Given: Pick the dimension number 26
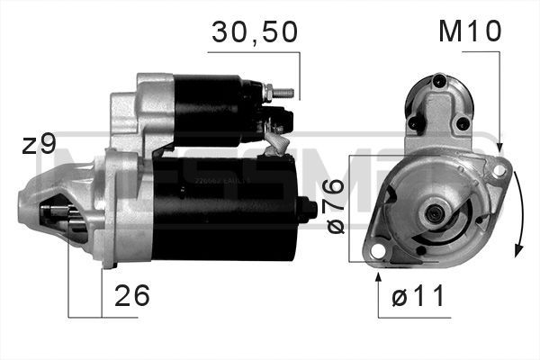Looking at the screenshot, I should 131,295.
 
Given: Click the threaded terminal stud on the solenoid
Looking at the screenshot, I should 280,91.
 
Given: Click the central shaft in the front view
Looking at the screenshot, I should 434,214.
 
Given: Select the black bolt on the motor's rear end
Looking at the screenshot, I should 310,210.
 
